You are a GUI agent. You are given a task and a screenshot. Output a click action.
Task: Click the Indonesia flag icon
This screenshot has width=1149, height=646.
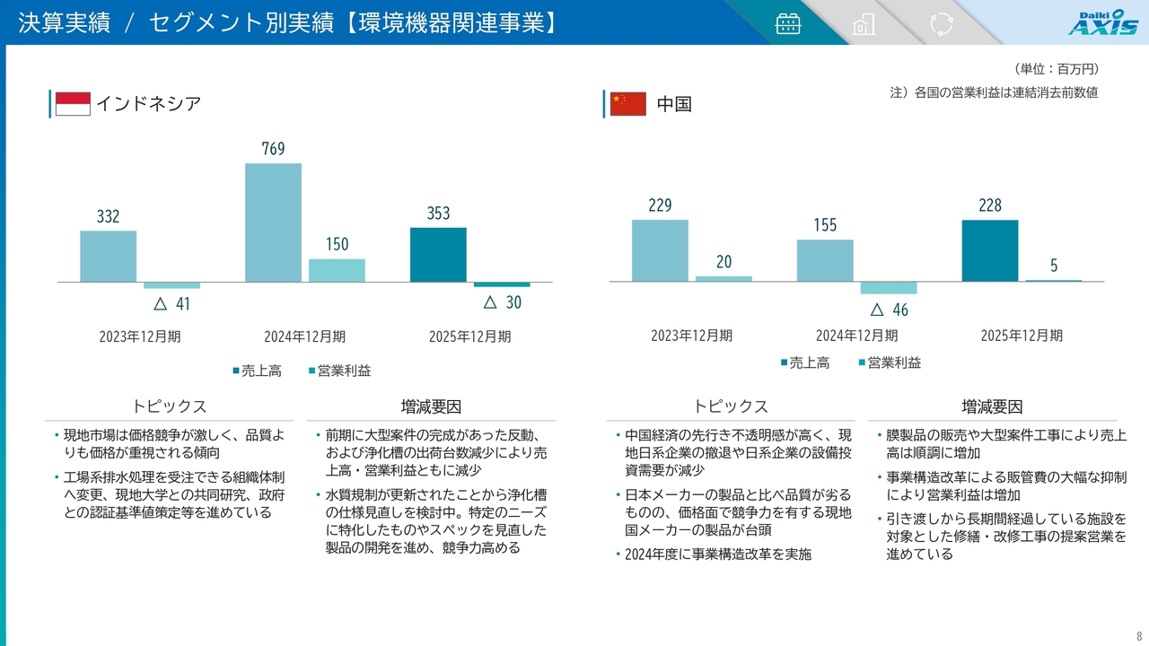pos(73,104)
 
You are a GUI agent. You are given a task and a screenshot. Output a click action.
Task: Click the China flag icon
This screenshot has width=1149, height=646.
pos(627,104)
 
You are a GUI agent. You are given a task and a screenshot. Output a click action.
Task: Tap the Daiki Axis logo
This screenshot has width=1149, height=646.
pos(1102,22)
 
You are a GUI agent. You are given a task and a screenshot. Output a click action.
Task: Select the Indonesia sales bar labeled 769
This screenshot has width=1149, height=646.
pos(273,223)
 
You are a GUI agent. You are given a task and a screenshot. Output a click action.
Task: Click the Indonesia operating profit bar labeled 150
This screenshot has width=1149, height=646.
pos(337,270)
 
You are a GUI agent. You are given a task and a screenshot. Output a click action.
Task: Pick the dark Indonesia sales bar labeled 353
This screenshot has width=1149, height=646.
pos(438,255)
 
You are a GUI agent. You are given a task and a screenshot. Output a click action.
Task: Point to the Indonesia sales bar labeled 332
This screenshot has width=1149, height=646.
pos(108,257)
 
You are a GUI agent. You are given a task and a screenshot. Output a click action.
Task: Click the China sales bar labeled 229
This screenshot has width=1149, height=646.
pos(660,250)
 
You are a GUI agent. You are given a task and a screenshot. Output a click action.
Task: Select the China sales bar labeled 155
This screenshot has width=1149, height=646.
pos(825,260)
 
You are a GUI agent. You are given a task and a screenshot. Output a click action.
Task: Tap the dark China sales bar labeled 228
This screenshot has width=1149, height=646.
pos(989,250)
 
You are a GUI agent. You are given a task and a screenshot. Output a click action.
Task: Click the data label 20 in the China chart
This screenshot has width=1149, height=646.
pos(724,262)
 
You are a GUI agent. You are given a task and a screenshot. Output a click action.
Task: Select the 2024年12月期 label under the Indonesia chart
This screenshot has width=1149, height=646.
pos(304,336)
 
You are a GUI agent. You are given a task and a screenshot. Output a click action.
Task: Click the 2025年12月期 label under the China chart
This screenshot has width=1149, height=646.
pos(1022,336)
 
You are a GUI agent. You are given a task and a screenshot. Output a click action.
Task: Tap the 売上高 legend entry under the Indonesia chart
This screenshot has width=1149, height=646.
pos(257,371)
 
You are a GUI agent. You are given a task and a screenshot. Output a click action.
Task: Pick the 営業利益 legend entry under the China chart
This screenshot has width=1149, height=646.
pos(890,362)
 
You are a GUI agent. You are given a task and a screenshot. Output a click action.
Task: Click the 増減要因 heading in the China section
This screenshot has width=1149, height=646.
pos(992,406)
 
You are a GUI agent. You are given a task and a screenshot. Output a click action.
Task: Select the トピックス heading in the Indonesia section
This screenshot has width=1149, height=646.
pos(170,406)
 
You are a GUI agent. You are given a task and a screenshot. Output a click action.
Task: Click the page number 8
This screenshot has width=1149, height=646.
pos(1139,636)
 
